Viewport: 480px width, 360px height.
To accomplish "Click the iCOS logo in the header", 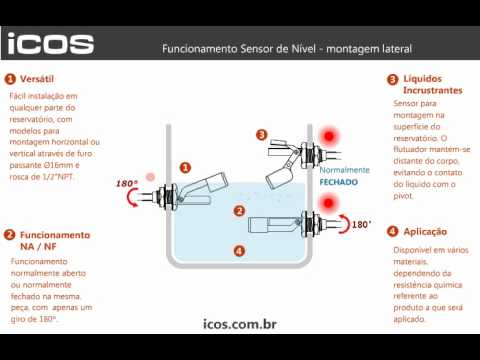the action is coord(51,44).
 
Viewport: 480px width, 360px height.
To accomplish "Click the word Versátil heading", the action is coord(37,79).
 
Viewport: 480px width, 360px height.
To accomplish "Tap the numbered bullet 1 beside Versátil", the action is coord(10,79).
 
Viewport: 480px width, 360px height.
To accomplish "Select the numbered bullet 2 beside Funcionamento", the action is coord(9,235).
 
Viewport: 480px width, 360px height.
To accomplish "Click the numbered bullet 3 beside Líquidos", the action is coord(393,80).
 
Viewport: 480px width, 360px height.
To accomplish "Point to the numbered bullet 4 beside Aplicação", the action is coord(393,231).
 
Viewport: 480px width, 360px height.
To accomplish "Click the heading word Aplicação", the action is coord(425,232).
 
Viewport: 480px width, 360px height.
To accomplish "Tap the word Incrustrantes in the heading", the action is coord(433,90).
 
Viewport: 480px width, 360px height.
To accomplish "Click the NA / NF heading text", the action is coord(38,247).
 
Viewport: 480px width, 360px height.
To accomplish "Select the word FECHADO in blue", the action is coord(339,182).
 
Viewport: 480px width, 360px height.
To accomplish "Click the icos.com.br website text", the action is coord(240,324).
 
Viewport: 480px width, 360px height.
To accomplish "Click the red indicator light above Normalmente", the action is coord(329,136).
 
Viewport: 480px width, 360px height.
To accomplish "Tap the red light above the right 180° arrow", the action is coord(328,203).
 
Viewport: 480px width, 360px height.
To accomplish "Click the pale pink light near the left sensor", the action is coord(151,177).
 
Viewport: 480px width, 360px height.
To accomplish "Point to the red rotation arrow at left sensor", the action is coord(129,197).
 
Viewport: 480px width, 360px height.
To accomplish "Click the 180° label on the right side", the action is coord(362,224).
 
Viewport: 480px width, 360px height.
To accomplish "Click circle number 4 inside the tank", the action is coord(239,251).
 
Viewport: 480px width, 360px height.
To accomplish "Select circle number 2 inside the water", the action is coord(239,211).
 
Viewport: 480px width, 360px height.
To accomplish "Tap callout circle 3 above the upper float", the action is coord(262,134).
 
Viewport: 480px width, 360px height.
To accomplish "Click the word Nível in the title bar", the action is coord(303,49).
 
